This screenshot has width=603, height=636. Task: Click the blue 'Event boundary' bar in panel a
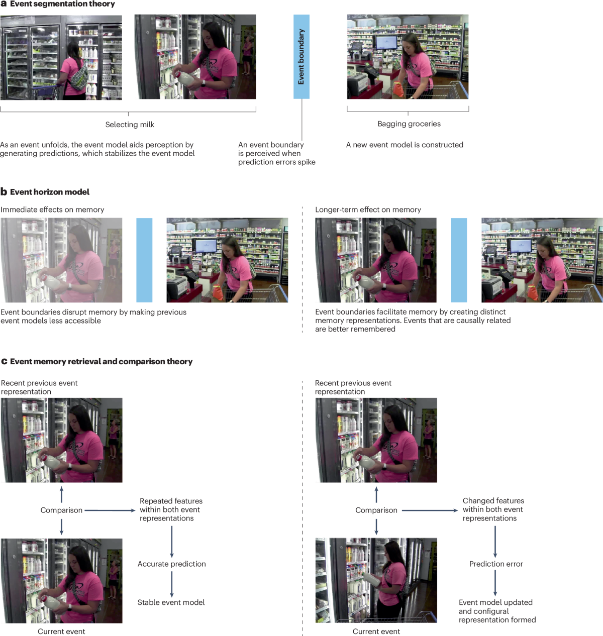[x=301, y=57]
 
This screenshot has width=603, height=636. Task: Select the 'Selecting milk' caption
[x=130, y=125]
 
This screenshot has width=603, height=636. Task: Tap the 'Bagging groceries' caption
[x=409, y=124]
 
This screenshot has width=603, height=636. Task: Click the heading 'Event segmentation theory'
[x=62, y=4]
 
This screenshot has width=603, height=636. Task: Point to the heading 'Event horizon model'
[x=50, y=192]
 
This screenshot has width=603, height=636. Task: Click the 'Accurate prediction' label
[x=171, y=564]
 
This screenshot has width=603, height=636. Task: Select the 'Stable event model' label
[x=171, y=602]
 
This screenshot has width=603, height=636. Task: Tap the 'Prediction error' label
[x=496, y=564]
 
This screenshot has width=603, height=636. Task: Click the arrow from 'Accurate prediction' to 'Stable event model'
[x=171, y=584]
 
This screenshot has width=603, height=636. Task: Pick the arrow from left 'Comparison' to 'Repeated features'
[x=110, y=510]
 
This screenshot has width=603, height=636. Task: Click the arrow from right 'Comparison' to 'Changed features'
[x=430, y=510]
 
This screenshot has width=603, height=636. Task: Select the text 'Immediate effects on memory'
[x=52, y=209]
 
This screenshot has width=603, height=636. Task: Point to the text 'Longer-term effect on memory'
[x=368, y=209]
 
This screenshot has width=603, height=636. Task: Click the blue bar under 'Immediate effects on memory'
[x=144, y=260]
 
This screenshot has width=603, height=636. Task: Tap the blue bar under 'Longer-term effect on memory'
[x=459, y=260]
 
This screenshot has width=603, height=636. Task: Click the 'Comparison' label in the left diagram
[x=61, y=510]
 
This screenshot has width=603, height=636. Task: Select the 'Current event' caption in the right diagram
[x=376, y=631]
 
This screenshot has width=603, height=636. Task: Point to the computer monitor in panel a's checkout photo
[x=386, y=43]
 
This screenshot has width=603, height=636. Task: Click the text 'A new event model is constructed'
[x=405, y=145]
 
